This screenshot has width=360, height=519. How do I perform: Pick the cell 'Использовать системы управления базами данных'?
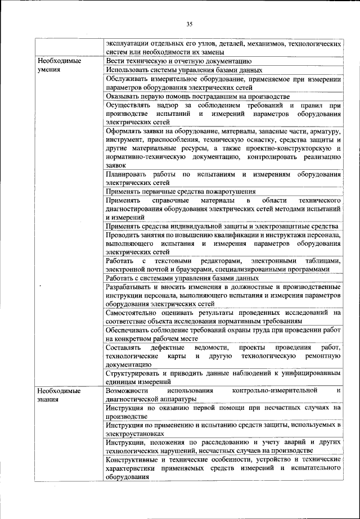tap(184, 70)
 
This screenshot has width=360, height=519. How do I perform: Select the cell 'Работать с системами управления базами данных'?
tap(182, 278)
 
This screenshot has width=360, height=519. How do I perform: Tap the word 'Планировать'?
tap(125, 174)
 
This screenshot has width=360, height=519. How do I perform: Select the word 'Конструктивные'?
tap(133, 459)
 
